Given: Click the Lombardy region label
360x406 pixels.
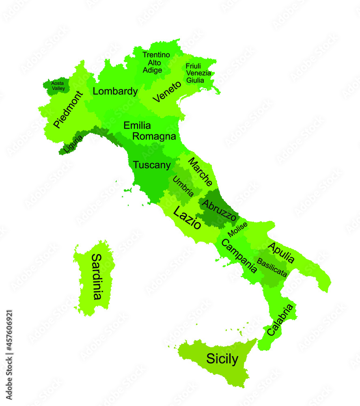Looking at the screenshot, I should [x=115, y=91].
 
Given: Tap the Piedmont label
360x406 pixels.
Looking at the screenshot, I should [x=68, y=109].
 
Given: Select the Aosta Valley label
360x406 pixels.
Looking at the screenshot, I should [x=58, y=86].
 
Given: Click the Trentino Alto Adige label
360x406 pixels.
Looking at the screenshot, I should [x=156, y=63].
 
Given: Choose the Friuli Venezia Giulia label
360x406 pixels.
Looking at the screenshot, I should [x=198, y=73].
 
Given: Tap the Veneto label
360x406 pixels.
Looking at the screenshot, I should [x=167, y=92].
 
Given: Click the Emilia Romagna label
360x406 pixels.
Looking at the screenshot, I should [x=149, y=131].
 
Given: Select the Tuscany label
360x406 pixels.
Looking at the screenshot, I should [x=152, y=165].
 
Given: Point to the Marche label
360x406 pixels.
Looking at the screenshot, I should [x=200, y=171].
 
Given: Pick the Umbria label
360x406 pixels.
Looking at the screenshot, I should [x=183, y=186].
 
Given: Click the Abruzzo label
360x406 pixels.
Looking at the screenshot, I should [x=219, y=210].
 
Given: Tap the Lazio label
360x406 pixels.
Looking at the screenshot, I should [x=187, y=218].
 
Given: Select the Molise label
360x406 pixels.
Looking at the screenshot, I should [x=237, y=229].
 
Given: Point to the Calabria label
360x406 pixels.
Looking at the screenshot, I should [x=280, y=320].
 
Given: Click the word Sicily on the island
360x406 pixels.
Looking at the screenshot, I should [x=222, y=358].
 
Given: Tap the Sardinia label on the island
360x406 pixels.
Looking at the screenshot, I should [x=96, y=276].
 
